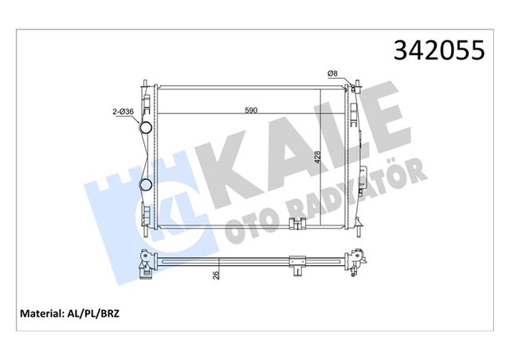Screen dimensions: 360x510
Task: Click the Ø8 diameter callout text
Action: pos(334,74)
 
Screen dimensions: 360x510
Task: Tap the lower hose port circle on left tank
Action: pos(147,185)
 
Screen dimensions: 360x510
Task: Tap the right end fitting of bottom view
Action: pos(359,259)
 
